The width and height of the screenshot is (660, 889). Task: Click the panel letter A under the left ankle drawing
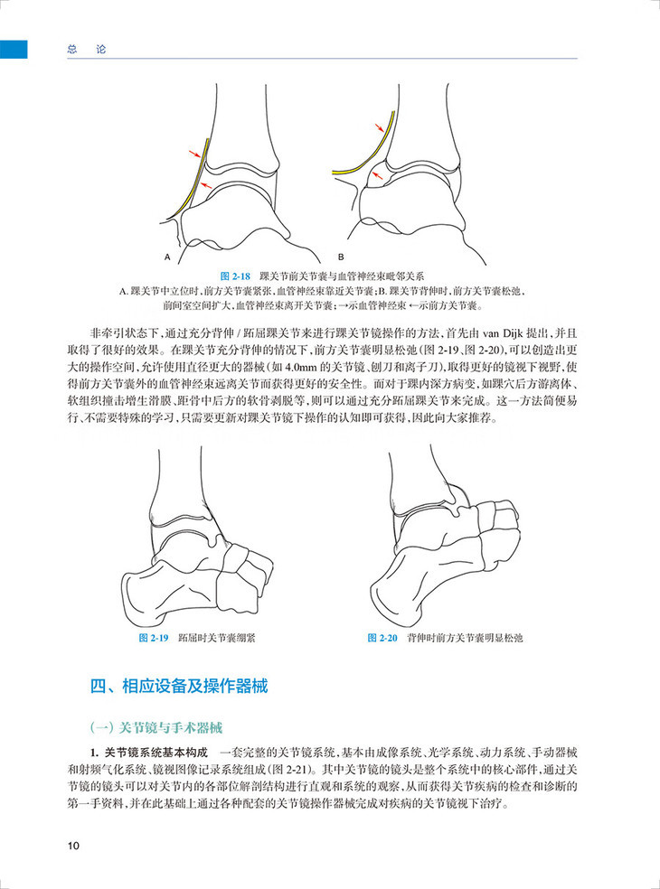[168, 257]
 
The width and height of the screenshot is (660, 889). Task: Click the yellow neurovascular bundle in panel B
[371, 154]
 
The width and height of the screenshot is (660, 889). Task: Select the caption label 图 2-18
[235, 274]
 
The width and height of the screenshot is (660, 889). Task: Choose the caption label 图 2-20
[383, 638]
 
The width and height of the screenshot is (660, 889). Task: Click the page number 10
[74, 846]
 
